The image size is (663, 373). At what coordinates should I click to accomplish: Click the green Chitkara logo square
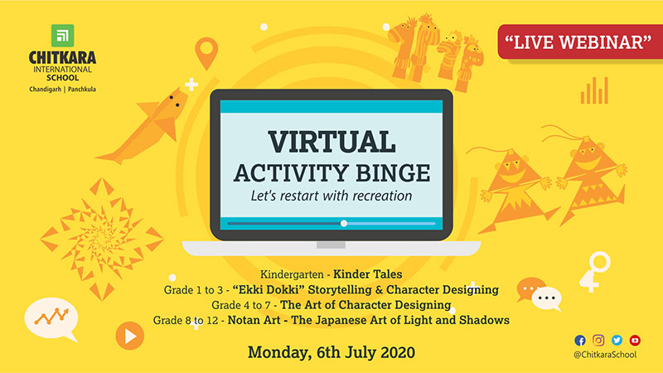click(63, 36)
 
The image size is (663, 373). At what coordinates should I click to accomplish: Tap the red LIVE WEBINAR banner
click(579, 42)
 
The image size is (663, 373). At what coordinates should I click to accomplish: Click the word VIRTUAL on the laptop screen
click(332, 142)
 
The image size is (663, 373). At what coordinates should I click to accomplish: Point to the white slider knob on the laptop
click(344, 223)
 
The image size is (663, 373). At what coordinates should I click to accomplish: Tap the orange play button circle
click(130, 336)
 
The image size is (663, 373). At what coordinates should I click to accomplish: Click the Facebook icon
click(579, 341)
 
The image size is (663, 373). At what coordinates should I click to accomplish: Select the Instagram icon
click(598, 340)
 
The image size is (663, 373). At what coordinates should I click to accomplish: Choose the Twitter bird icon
click(617, 340)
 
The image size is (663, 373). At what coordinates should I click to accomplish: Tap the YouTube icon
click(635, 340)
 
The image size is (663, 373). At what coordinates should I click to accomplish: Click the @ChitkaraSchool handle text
click(605, 355)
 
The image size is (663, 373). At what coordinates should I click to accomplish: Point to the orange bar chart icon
click(594, 90)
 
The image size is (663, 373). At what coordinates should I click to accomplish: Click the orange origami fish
click(143, 126)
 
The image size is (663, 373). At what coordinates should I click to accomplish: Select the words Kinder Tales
click(367, 274)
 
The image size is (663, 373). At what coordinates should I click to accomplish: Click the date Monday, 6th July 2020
click(331, 352)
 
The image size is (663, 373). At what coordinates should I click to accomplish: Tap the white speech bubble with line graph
click(51, 319)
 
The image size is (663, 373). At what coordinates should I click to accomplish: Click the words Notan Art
click(254, 320)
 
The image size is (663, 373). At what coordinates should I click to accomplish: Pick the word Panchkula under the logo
click(82, 90)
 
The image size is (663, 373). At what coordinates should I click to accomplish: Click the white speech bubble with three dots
click(547, 298)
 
